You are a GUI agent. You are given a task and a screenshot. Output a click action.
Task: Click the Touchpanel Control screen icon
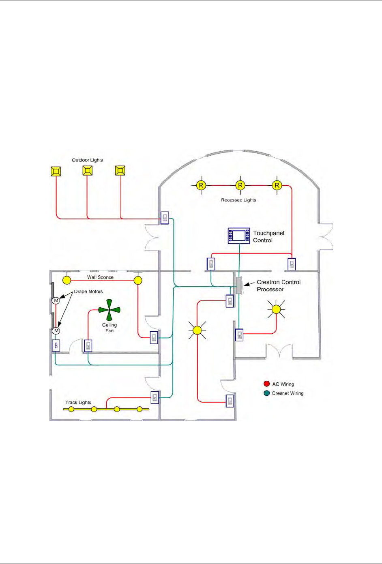pos(239,236)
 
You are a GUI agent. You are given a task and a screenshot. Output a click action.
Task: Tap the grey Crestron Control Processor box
pos(239,286)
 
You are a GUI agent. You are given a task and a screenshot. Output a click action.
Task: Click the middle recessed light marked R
pos(240,185)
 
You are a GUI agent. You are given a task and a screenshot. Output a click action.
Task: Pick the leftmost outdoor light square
pos(56,171)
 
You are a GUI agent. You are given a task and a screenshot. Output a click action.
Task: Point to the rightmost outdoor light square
pos(120,170)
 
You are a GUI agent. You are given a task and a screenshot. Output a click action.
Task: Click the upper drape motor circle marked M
pos(56,300)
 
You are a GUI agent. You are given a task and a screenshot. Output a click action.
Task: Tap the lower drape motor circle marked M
pos(56,330)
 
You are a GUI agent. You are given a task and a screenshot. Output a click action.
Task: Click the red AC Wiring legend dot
pos(266,384)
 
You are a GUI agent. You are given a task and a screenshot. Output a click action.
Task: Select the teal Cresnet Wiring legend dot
pos(266,393)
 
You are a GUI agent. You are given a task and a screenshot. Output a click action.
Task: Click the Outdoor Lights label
pos(87,160)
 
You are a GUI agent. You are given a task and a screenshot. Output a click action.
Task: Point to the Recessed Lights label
pos(238,200)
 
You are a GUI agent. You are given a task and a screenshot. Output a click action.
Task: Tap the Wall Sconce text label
pos(100,277)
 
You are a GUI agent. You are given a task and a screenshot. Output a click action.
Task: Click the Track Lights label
pos(78,403)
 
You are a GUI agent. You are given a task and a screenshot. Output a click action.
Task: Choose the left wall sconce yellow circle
pos(67,280)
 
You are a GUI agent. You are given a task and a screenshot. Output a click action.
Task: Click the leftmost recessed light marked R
pos(201,185)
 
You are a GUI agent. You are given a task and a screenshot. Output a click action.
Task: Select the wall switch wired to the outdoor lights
pos(165,218)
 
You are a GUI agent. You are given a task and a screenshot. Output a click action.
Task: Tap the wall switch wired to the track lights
pos(155,397)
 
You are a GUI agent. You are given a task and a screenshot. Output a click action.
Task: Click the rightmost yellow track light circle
pos(140,409)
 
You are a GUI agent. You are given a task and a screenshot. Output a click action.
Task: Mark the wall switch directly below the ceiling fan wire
pos(88,346)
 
